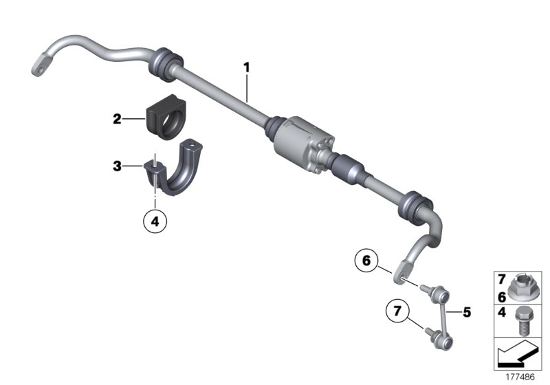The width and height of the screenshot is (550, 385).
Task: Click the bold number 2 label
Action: (x=118, y=119)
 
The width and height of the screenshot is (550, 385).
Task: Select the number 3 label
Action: (x=118, y=166)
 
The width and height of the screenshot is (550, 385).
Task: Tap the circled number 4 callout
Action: (x=155, y=222)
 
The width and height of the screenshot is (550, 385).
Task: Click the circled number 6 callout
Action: (x=366, y=261)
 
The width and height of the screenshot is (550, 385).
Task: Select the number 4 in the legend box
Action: (x=501, y=313)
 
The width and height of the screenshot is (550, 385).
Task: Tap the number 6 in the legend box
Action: (x=501, y=296)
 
